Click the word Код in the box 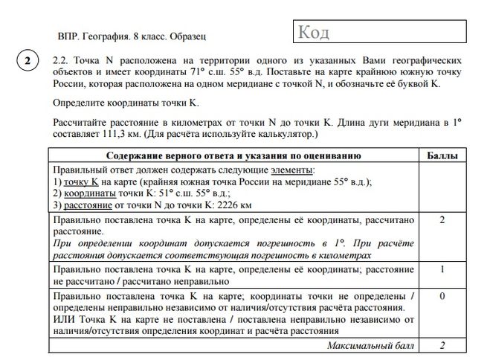tap(313, 33)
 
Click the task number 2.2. tap(60, 59)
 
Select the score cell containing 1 tap(442, 269)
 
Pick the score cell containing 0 tap(442, 296)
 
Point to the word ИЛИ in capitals tap(64, 319)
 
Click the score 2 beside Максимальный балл tap(442, 346)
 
